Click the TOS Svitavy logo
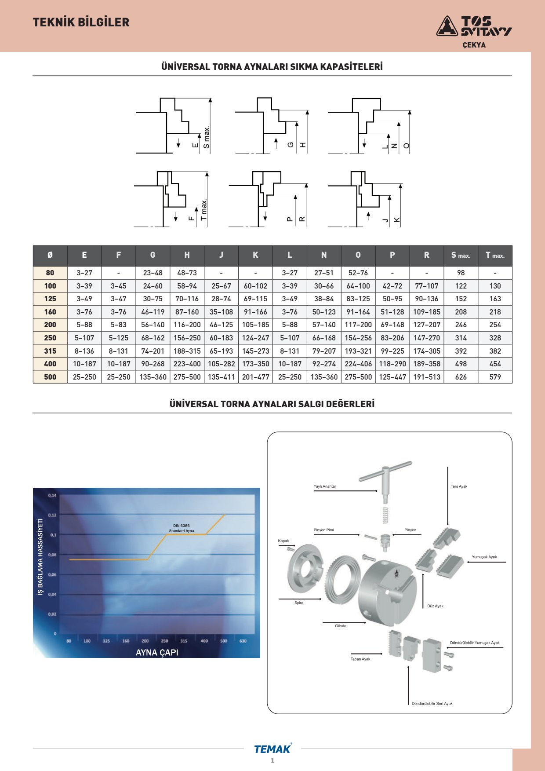[474, 26]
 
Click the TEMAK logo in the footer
[272, 749]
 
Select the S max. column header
[461, 255]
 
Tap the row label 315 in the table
[50, 351]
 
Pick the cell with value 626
[461, 377]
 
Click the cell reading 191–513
[426, 377]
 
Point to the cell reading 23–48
[153, 273]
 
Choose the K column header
[255, 255]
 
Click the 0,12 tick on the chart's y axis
[52, 515]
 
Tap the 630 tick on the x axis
[243, 641]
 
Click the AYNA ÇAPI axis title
[157, 653]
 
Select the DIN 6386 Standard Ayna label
[182, 528]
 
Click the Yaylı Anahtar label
[325, 486]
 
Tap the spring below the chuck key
[385, 515]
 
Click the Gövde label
[341, 626]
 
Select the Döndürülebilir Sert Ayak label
[432, 704]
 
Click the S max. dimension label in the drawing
[207, 137]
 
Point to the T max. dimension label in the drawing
[203, 210]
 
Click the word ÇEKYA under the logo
[474, 45]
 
